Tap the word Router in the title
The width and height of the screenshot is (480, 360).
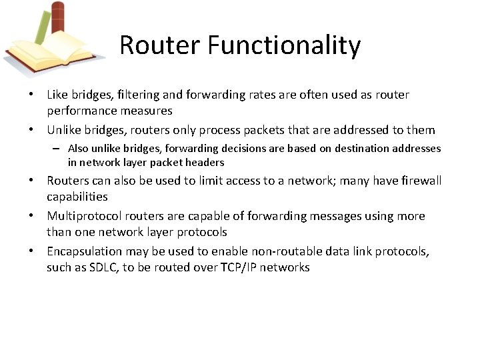(x=161, y=45)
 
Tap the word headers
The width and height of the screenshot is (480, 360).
(x=204, y=162)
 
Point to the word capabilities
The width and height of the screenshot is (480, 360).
(x=77, y=197)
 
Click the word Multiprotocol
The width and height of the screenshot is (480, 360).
(x=85, y=216)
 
